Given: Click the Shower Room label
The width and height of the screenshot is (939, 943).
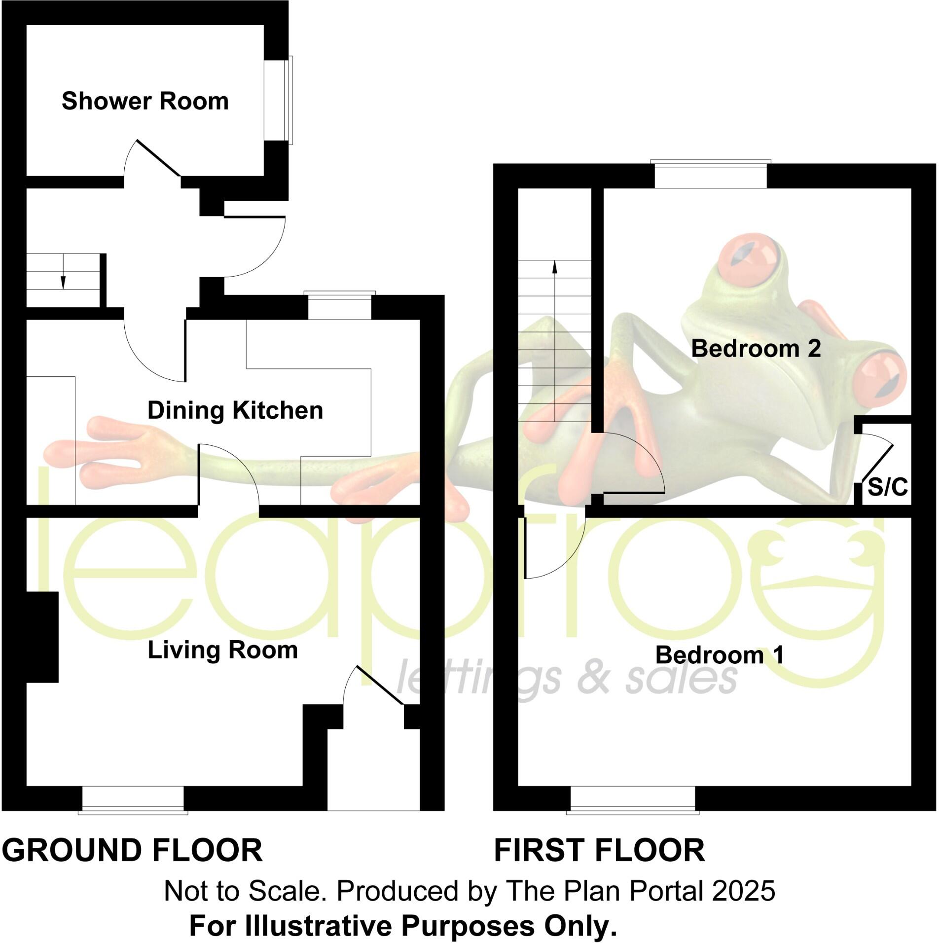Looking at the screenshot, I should pyautogui.click(x=145, y=102).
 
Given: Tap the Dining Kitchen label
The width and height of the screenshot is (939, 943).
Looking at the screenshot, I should pyautogui.click(x=235, y=410).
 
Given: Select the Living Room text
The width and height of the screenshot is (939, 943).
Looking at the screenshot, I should pyautogui.click(x=223, y=650).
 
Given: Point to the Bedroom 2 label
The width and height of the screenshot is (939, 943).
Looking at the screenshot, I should pyautogui.click(x=756, y=349).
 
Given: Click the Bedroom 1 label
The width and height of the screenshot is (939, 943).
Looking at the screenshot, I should pyautogui.click(x=719, y=655).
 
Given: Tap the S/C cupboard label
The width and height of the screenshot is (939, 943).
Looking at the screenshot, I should pyautogui.click(x=888, y=488).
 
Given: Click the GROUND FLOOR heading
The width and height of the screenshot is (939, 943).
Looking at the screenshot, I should pyautogui.click(x=132, y=851).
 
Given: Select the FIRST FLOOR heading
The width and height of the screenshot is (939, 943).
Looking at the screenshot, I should pyautogui.click(x=599, y=851).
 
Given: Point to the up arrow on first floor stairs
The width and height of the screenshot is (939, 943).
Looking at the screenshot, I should pyautogui.click(x=555, y=266).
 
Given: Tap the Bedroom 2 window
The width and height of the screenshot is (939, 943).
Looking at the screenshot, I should pyautogui.click(x=711, y=175).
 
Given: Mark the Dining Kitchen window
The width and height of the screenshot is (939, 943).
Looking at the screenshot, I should pyautogui.click(x=340, y=306).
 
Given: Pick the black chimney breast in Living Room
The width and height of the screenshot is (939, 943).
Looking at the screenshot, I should pyautogui.click(x=42, y=637).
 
